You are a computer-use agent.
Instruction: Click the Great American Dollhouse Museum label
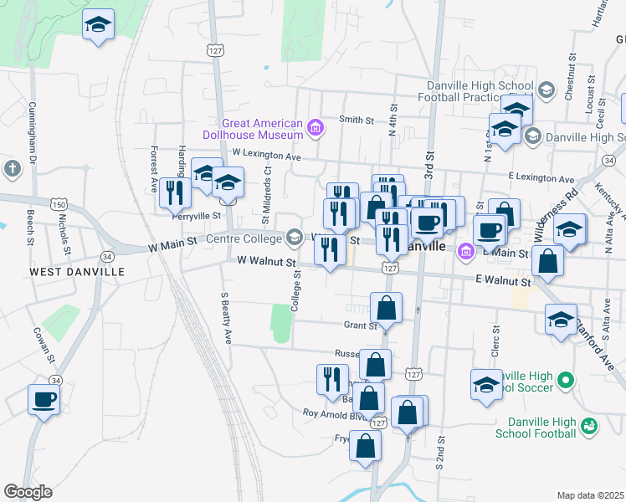(254, 128)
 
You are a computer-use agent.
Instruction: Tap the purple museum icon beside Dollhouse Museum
(316, 128)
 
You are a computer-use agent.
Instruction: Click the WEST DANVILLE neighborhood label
(77, 272)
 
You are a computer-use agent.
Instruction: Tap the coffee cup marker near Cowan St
(44, 400)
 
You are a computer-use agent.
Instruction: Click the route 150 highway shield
(59, 204)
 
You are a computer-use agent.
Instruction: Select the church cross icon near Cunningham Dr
(12, 169)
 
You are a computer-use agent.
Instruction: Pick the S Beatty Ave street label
(225, 318)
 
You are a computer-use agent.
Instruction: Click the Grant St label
(358, 325)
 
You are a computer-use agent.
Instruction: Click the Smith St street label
(356, 120)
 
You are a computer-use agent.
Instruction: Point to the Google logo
(28, 492)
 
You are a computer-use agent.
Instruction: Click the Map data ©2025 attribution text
(590, 495)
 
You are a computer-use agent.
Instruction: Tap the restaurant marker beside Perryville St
(175, 192)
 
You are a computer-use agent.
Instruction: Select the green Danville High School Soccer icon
(565, 381)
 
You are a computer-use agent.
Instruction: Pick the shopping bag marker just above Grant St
(386, 308)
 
